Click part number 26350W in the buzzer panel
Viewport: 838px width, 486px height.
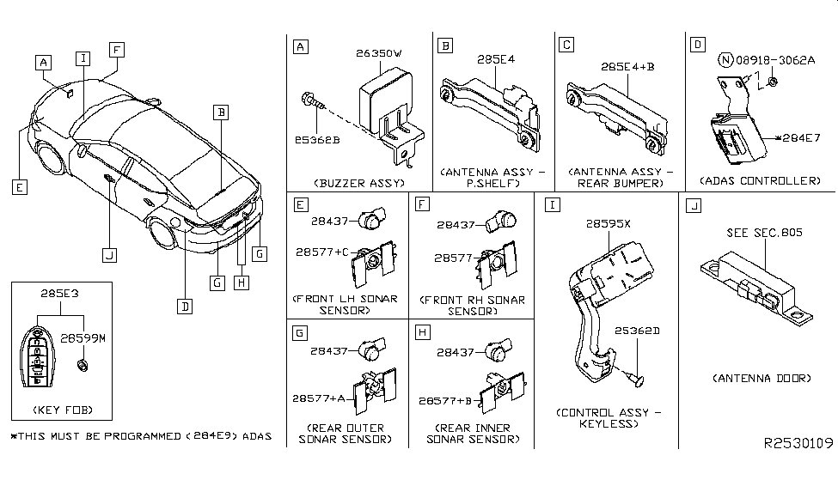coord(379,53)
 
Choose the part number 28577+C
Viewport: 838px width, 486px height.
coord(322,252)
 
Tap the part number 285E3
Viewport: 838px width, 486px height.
coord(58,293)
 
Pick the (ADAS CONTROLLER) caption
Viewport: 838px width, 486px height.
coord(760,181)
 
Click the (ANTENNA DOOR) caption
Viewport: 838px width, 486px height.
coord(762,378)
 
